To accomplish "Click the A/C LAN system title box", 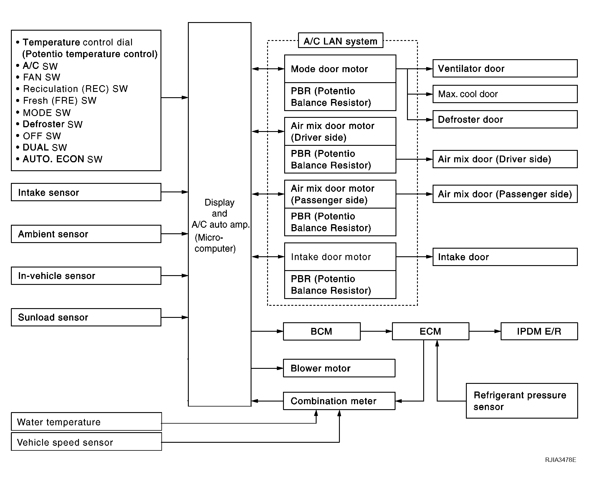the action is pos(340,40).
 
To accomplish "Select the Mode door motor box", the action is pos(340,69).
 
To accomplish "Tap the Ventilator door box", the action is pos(505,68).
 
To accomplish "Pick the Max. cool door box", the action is pos(505,94).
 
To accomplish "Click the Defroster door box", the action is pos(505,119).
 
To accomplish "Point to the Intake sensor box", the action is pos(86,192).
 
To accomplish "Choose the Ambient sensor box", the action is pos(86,234).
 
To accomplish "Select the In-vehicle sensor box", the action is pos(86,276).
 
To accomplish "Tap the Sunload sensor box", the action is pos(86,317).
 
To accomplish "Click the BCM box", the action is pos(322,331).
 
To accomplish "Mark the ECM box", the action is pos(431,331).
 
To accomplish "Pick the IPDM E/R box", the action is pos(539,331).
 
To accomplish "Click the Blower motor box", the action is pos(339,368).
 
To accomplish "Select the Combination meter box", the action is pos(339,401).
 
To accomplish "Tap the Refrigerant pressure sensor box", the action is pos(522,401).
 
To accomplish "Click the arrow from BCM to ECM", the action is pos(376,331).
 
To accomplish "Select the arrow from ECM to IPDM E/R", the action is pos(485,331).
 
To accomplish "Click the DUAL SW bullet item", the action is pos(42,147).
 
